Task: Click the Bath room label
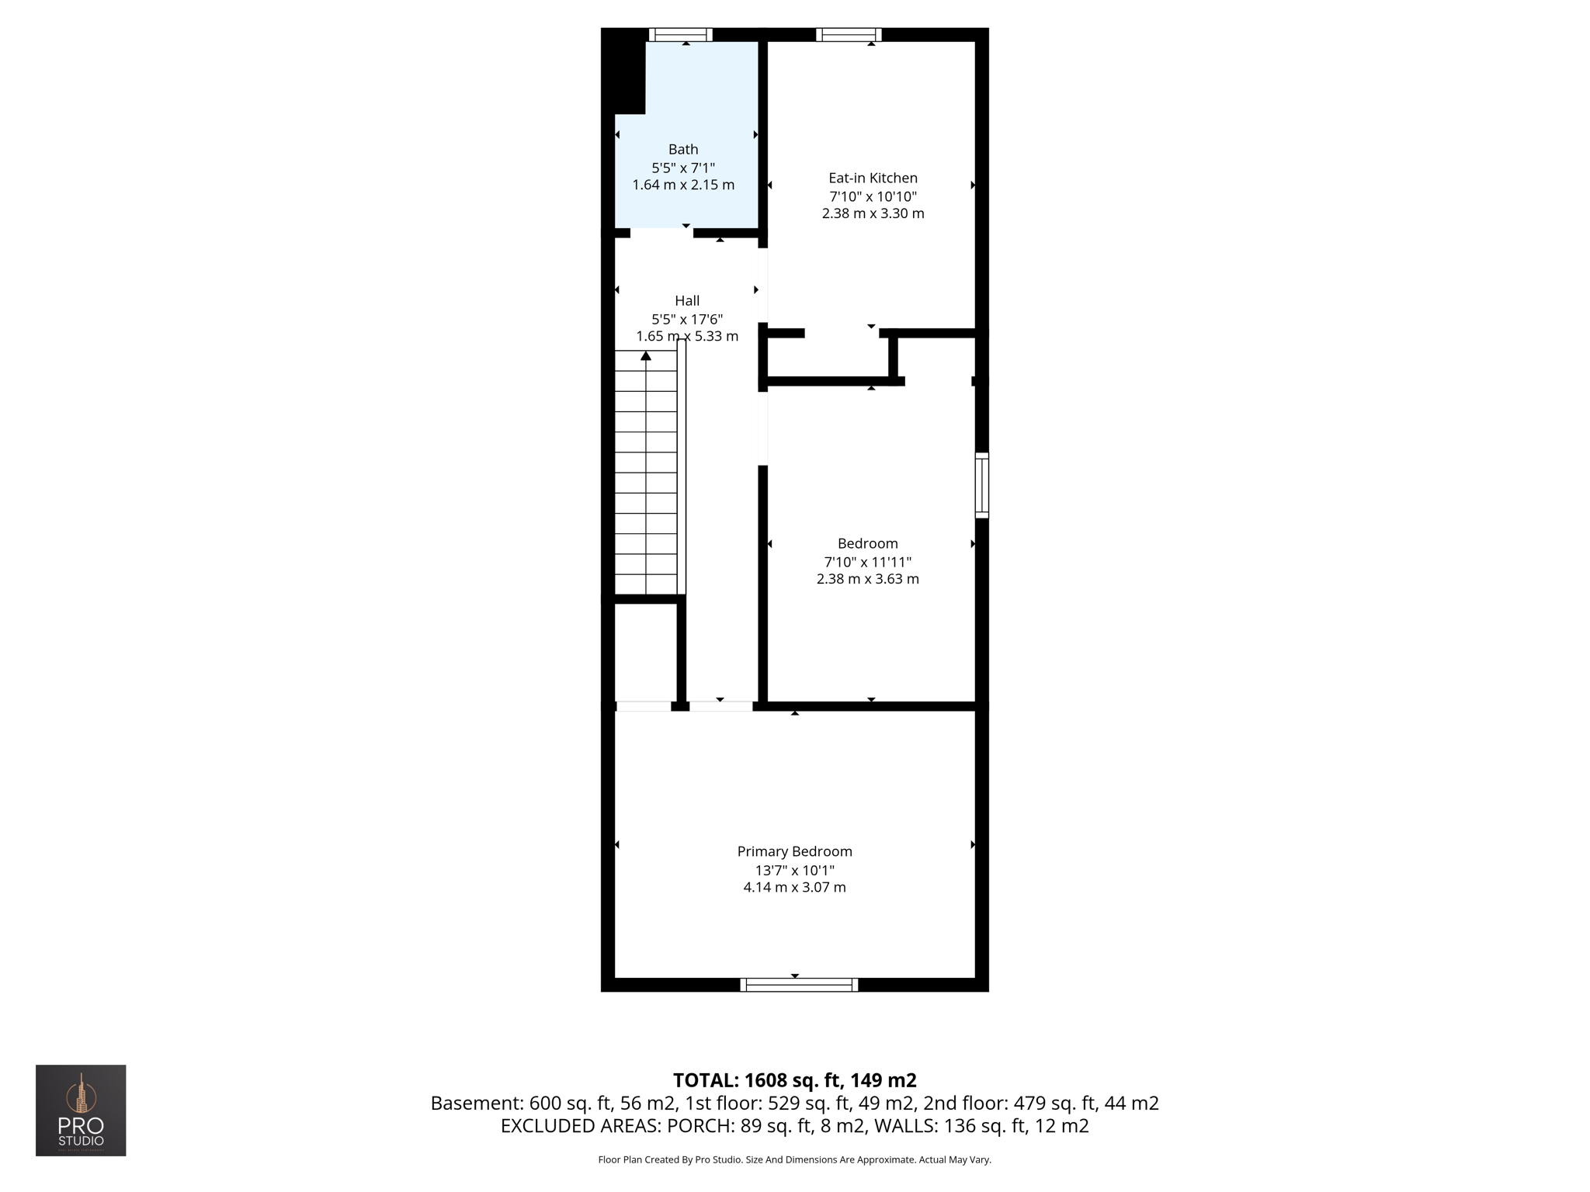(683, 149)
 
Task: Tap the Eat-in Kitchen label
(873, 178)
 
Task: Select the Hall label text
(687, 300)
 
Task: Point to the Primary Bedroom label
(794, 851)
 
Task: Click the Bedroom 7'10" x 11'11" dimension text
(867, 562)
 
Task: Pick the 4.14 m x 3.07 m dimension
(794, 887)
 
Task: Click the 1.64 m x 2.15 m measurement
(683, 185)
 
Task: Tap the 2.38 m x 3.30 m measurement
(873, 213)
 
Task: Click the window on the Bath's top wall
(680, 34)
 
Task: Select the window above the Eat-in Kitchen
(848, 34)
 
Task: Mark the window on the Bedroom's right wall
(982, 485)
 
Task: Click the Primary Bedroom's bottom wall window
(799, 985)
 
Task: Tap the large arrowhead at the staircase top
(646, 355)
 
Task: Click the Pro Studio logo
(81, 1110)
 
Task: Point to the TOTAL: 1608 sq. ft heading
(794, 1080)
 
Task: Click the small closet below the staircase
(645, 652)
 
